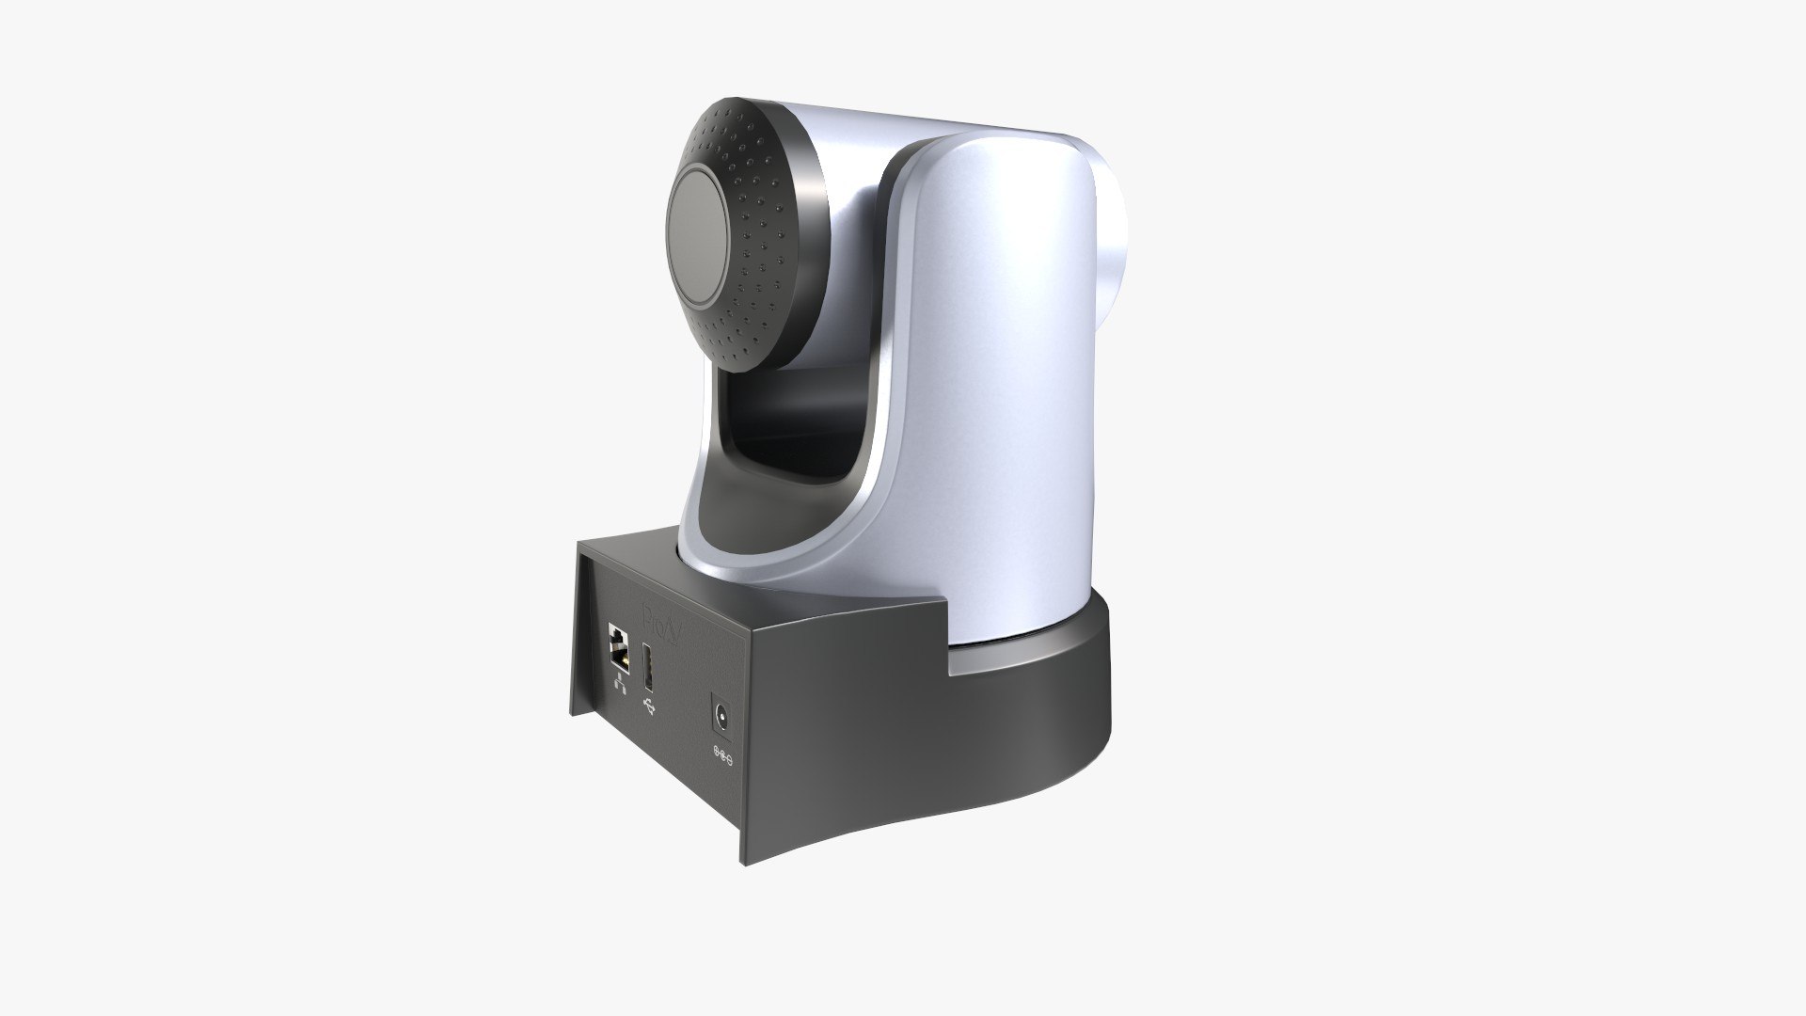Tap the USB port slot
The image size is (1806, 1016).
pos(648,668)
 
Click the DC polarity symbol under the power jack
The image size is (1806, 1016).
pos(723,753)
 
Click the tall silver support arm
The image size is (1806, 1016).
pos(997,376)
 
